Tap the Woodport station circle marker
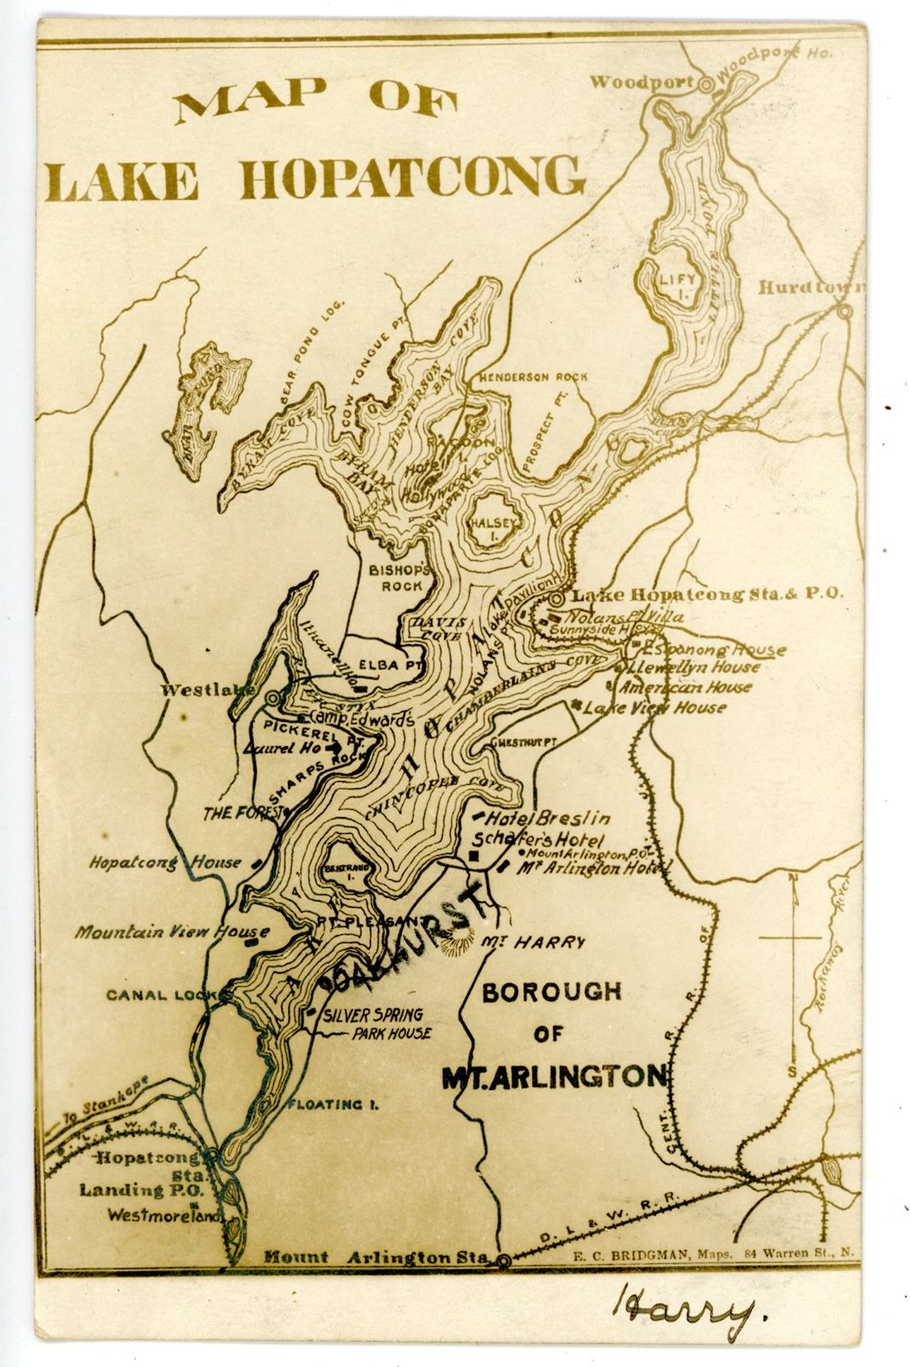coord(706,85)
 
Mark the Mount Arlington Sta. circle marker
coord(504,1259)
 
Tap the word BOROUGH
coord(552,993)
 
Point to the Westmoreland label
coord(160,1214)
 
